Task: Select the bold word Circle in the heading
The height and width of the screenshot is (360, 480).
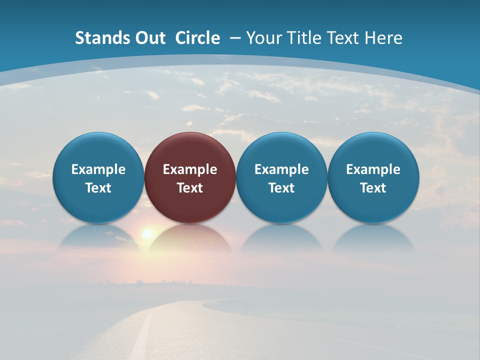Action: pyautogui.click(x=197, y=38)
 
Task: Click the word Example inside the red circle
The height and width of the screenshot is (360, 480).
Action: pyautogui.click(x=190, y=169)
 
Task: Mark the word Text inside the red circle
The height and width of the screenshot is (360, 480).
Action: pyautogui.click(x=190, y=188)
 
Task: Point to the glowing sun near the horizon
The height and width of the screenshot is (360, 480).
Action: pyautogui.click(x=147, y=233)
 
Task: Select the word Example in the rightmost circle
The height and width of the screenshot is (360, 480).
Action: pyautogui.click(x=373, y=169)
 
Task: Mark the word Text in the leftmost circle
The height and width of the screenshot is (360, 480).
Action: pyautogui.click(x=98, y=188)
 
